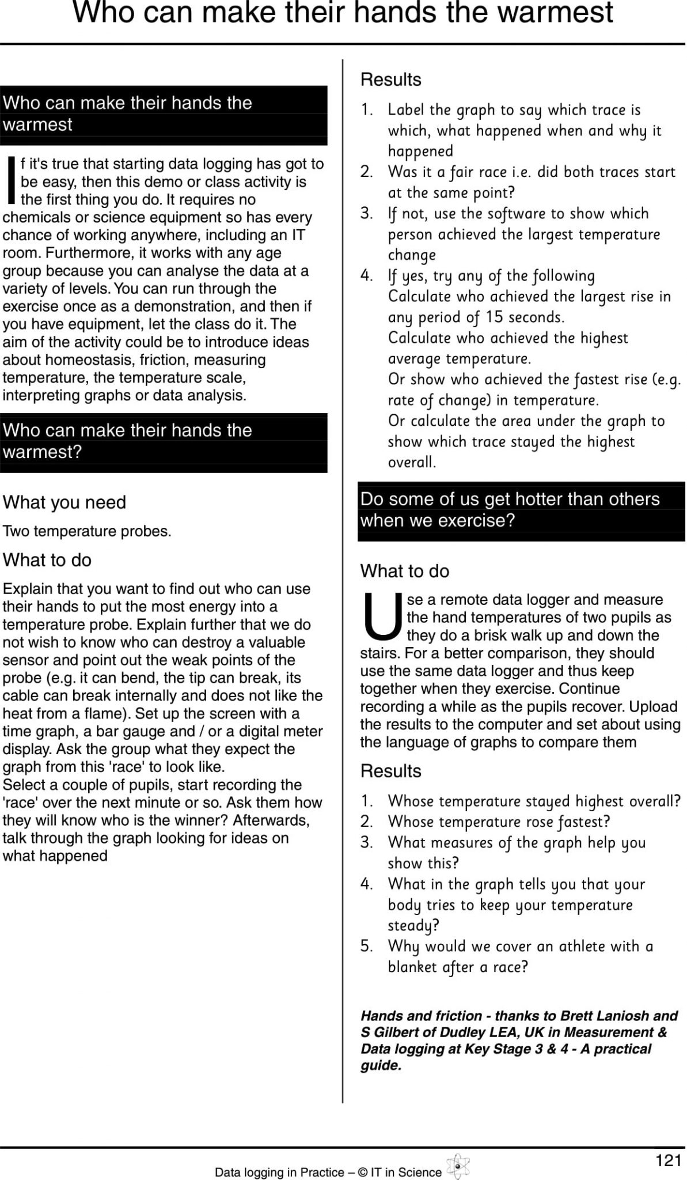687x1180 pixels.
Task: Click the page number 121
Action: pos(668,1160)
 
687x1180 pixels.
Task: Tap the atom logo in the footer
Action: pos(458,1167)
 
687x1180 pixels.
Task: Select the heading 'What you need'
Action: pos(64,502)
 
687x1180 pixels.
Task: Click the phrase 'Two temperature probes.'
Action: pos(87,531)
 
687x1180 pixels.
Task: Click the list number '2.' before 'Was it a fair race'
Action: pos(367,172)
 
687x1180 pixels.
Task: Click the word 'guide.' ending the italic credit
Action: pos(381,1065)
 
